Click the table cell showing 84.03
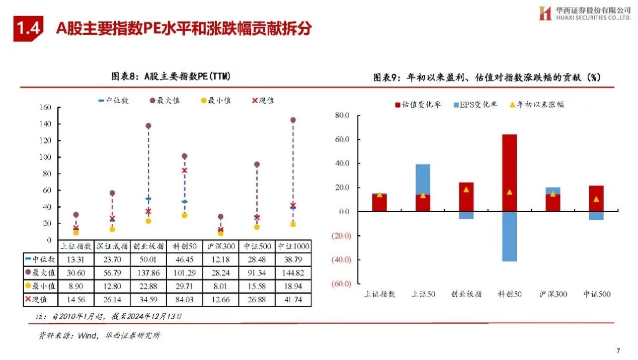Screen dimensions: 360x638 pyautogui.click(x=184, y=300)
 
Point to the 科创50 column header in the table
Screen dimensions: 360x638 pyautogui.click(x=184, y=246)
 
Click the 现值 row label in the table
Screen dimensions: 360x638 pyautogui.click(x=40, y=300)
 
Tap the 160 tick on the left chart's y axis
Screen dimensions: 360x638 pyautogui.click(x=45, y=108)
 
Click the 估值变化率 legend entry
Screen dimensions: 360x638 pyautogui.click(x=418, y=105)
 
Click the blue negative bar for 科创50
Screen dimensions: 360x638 pyautogui.click(x=509, y=236)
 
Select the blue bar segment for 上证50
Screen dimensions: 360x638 pyautogui.click(x=423, y=179)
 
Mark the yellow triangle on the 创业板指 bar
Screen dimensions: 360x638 pyautogui.click(x=466, y=190)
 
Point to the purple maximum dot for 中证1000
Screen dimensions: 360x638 pyautogui.click(x=293, y=120)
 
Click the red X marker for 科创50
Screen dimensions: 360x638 pyautogui.click(x=185, y=170)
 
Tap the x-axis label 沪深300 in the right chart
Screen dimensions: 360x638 pyautogui.click(x=552, y=294)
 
